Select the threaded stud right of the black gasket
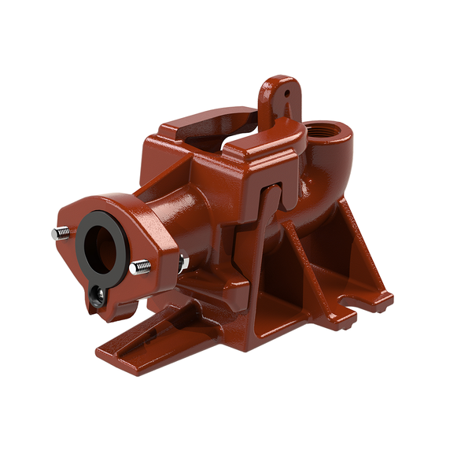click(x=142, y=267)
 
